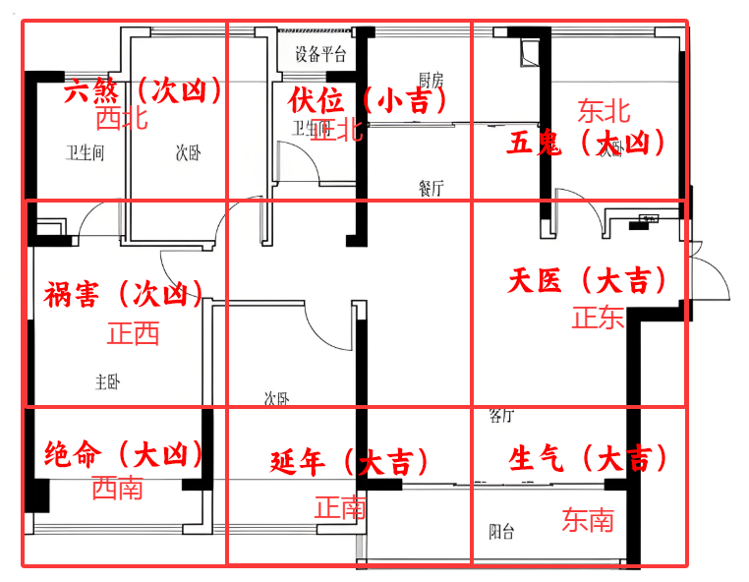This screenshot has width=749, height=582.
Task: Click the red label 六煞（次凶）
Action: (x=143, y=92)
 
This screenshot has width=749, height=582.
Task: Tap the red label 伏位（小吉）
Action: (x=369, y=100)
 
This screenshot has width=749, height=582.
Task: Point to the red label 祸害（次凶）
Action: (x=124, y=294)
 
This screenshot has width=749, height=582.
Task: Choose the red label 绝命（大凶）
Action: (x=125, y=455)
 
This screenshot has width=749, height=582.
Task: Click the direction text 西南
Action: (x=117, y=487)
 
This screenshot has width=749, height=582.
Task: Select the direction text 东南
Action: (x=588, y=520)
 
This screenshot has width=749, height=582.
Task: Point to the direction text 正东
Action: (x=599, y=318)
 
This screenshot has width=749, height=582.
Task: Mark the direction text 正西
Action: (x=134, y=334)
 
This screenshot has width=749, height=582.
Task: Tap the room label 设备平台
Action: (x=320, y=54)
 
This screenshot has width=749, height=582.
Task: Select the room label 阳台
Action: (x=501, y=533)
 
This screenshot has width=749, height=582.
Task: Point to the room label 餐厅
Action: (x=431, y=188)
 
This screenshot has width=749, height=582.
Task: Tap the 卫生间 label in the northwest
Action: (x=85, y=153)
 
